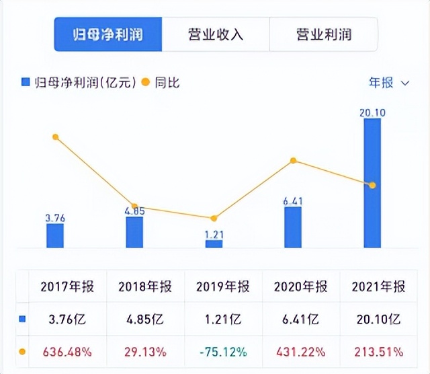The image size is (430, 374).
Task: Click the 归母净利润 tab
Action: (x=108, y=34)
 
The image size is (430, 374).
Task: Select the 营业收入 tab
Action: (x=215, y=34)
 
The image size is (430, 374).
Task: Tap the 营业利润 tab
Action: (x=323, y=34)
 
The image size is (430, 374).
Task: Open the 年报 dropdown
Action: (x=388, y=83)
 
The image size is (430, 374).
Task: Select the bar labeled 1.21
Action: (x=214, y=244)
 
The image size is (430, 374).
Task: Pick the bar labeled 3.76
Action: (x=55, y=235)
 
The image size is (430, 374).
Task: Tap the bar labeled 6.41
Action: (x=293, y=227)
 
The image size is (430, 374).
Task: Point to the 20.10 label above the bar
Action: (x=372, y=112)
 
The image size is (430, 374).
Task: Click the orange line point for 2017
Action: (x=56, y=137)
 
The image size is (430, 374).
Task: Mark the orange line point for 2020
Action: (x=293, y=161)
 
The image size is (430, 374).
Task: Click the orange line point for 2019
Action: (x=214, y=219)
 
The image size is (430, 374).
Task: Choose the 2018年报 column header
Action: (x=144, y=287)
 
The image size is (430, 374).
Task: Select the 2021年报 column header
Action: (x=378, y=287)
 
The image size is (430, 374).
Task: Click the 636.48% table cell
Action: (x=67, y=351)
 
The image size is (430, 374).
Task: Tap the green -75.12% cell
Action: (x=222, y=351)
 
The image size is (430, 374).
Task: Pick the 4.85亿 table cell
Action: (x=144, y=320)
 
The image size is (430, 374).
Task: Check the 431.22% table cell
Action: (x=300, y=351)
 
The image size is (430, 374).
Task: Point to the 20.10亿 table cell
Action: (x=378, y=320)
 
